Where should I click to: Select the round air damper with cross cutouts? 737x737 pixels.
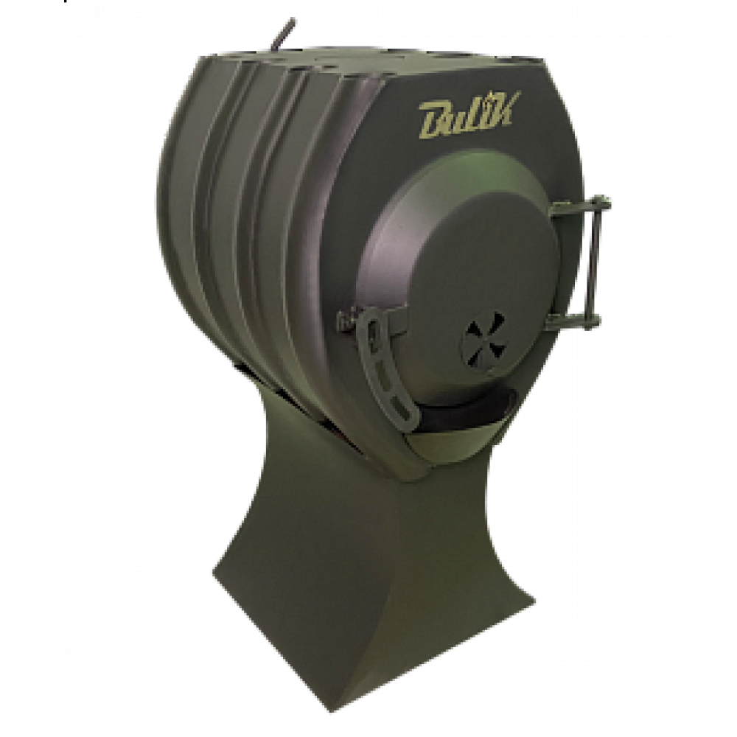pos(486,336)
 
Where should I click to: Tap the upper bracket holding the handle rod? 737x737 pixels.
pos(581,207)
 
